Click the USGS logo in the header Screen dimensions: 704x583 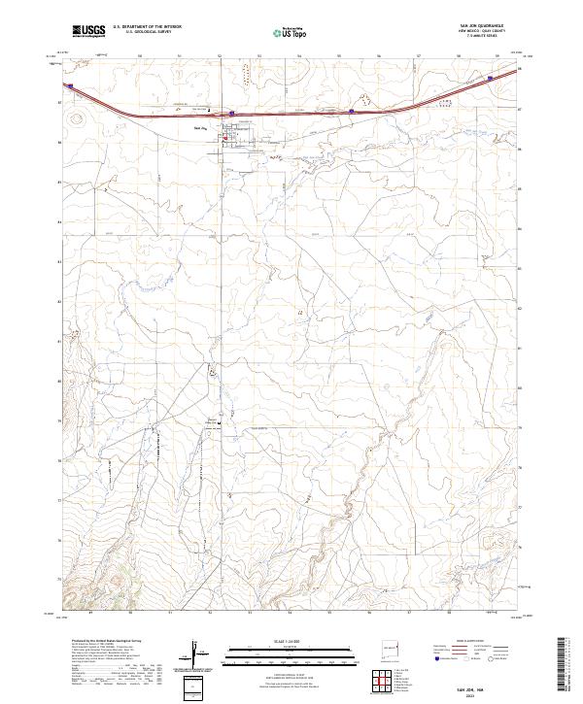tap(88, 32)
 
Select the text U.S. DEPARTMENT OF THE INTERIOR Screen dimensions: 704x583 tap(147, 27)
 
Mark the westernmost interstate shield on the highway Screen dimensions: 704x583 tap(70, 84)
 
